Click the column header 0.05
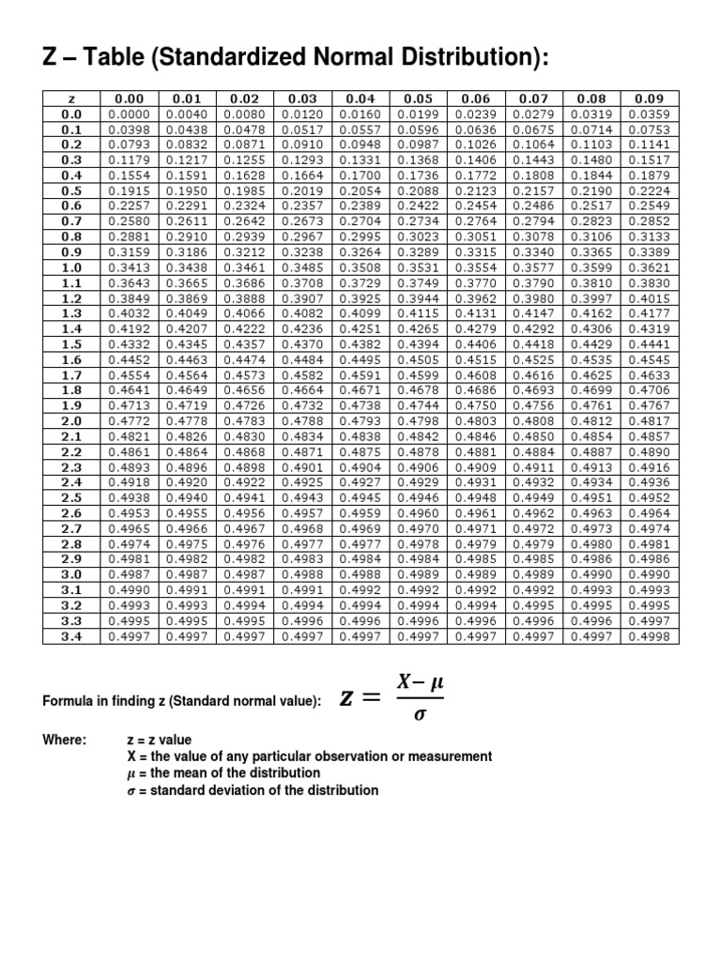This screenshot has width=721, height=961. click(418, 98)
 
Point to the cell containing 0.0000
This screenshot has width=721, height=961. click(130, 113)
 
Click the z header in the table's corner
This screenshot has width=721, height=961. click(71, 98)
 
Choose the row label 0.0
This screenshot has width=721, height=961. click(71, 113)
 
